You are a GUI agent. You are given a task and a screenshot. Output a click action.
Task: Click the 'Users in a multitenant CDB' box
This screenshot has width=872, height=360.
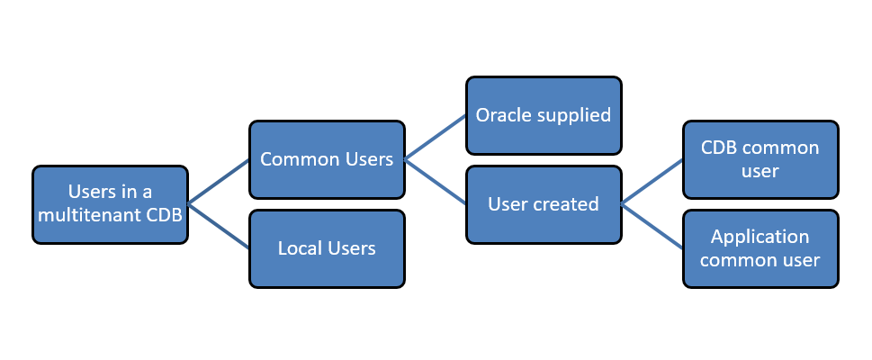110,204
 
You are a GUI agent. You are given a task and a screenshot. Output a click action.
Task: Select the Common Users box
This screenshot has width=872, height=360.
327,159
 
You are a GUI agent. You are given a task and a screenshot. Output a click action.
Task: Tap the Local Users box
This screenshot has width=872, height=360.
327,248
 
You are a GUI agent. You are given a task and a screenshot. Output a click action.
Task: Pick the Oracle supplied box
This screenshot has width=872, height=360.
544,115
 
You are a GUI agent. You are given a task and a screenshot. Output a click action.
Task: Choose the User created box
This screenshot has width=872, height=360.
544,204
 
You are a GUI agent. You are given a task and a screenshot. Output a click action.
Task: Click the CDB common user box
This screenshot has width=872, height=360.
760,159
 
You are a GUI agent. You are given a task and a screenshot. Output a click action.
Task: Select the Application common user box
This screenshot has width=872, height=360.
760,248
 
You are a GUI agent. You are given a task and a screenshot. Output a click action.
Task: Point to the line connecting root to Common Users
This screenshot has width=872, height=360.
219,182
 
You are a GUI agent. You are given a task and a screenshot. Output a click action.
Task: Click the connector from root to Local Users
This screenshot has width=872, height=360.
219,227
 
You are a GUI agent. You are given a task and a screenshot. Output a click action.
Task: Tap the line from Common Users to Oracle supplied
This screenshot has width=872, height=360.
436,138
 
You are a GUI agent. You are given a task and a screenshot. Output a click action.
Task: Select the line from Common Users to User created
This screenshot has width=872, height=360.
436,182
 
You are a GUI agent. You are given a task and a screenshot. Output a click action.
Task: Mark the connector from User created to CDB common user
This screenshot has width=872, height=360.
652,182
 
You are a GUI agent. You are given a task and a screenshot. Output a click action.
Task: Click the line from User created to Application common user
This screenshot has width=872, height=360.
652,227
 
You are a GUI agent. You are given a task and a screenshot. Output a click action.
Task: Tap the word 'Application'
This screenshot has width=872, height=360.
760,238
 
